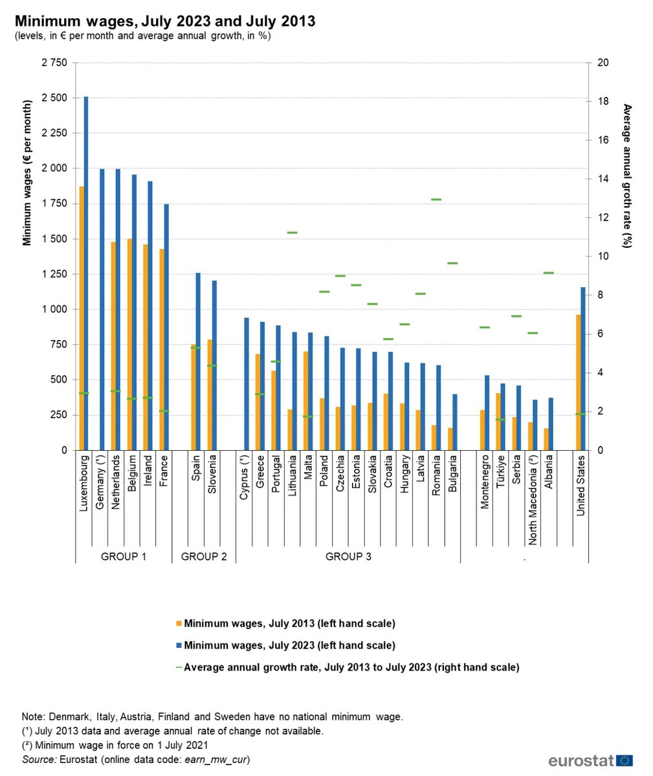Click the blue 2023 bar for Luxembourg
pyautogui.click(x=86, y=272)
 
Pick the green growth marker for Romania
pyautogui.click(x=436, y=200)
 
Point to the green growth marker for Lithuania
pyautogui.click(x=292, y=232)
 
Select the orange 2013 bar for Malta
pyautogui.click(x=305, y=400)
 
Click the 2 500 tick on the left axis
pyautogui.click(x=54, y=98)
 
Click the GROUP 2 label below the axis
pyautogui.click(x=204, y=556)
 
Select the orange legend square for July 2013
pyautogui.click(x=179, y=624)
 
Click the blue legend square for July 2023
pyautogui.click(x=179, y=645)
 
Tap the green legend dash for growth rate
pyautogui.click(x=179, y=667)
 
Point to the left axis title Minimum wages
pyautogui.click(x=27, y=173)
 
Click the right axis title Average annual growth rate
pyautogui.click(x=626, y=176)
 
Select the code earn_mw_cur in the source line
pyautogui.click(x=217, y=759)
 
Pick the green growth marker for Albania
pyautogui.click(x=548, y=273)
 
